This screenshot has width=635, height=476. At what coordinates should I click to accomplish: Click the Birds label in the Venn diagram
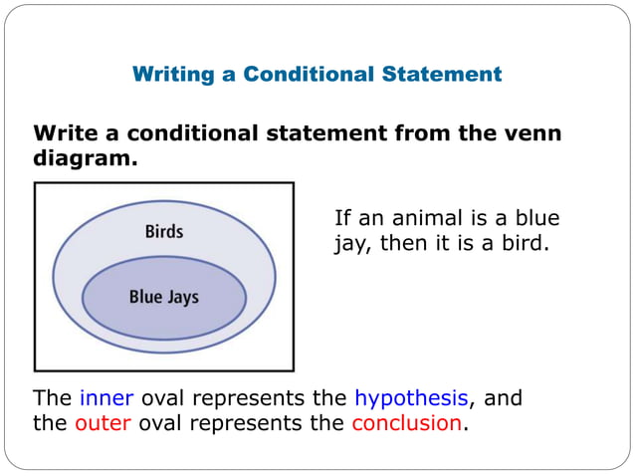tap(164, 232)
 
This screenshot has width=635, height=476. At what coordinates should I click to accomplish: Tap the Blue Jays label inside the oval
tap(164, 298)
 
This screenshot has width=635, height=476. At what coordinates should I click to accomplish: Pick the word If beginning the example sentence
tap(343, 219)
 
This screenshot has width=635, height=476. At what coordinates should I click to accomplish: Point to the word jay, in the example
tap(354, 244)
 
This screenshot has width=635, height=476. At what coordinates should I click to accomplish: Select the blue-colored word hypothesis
tap(411, 398)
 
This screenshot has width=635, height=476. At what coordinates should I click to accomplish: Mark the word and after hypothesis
tap(503, 398)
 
